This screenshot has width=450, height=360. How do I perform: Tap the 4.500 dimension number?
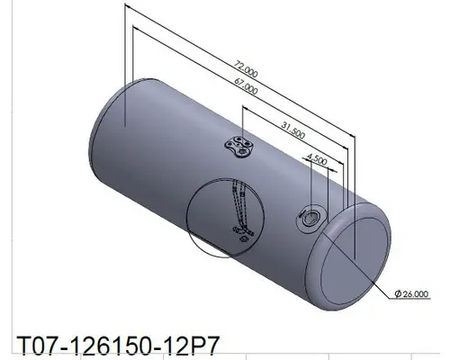pos(317,159)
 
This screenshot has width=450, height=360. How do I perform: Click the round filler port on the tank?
pos(309,218)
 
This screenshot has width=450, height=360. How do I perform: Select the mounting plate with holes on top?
pos(238,148)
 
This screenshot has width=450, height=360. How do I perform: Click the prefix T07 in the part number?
pos(34,345)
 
